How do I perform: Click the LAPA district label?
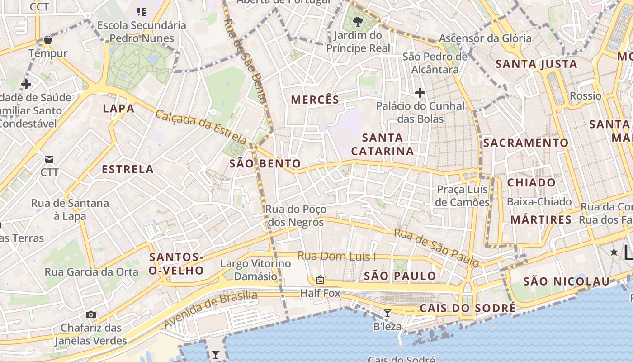(118, 109)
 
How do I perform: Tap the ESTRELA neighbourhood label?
(128, 170)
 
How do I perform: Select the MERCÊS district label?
(315, 100)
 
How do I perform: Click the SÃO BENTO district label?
(265, 164)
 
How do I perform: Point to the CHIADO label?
(531, 183)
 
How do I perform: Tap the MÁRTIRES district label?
(541, 220)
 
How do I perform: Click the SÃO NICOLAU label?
(567, 281)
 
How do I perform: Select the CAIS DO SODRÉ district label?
(468, 309)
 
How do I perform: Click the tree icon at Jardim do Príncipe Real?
(358, 21)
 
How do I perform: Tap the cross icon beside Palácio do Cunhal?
(420, 93)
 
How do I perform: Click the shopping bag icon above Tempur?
(48, 40)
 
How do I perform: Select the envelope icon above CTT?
(49, 159)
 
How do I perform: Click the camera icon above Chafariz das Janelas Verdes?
(91, 314)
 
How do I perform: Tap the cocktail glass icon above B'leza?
(387, 313)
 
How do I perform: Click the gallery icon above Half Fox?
(320, 280)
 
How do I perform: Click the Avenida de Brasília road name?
(210, 310)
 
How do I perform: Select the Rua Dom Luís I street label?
(337, 256)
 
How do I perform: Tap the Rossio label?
(586, 96)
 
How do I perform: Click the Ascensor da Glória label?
(485, 38)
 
